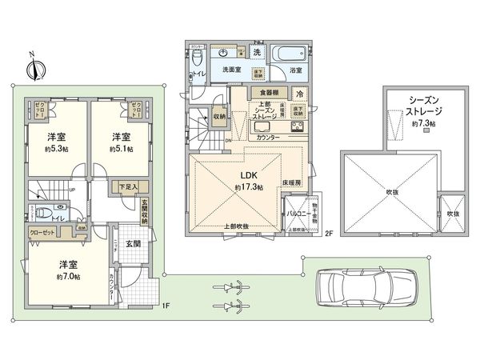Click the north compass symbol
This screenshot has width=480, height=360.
pos(31,69)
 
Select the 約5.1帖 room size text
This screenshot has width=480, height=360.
pos(122,149)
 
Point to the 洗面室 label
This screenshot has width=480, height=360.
pos(233,70)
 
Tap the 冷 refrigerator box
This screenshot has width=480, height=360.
pos(299,94)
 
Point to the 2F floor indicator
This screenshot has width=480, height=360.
pos(328,233)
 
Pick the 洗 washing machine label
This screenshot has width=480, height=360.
pos(257,52)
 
